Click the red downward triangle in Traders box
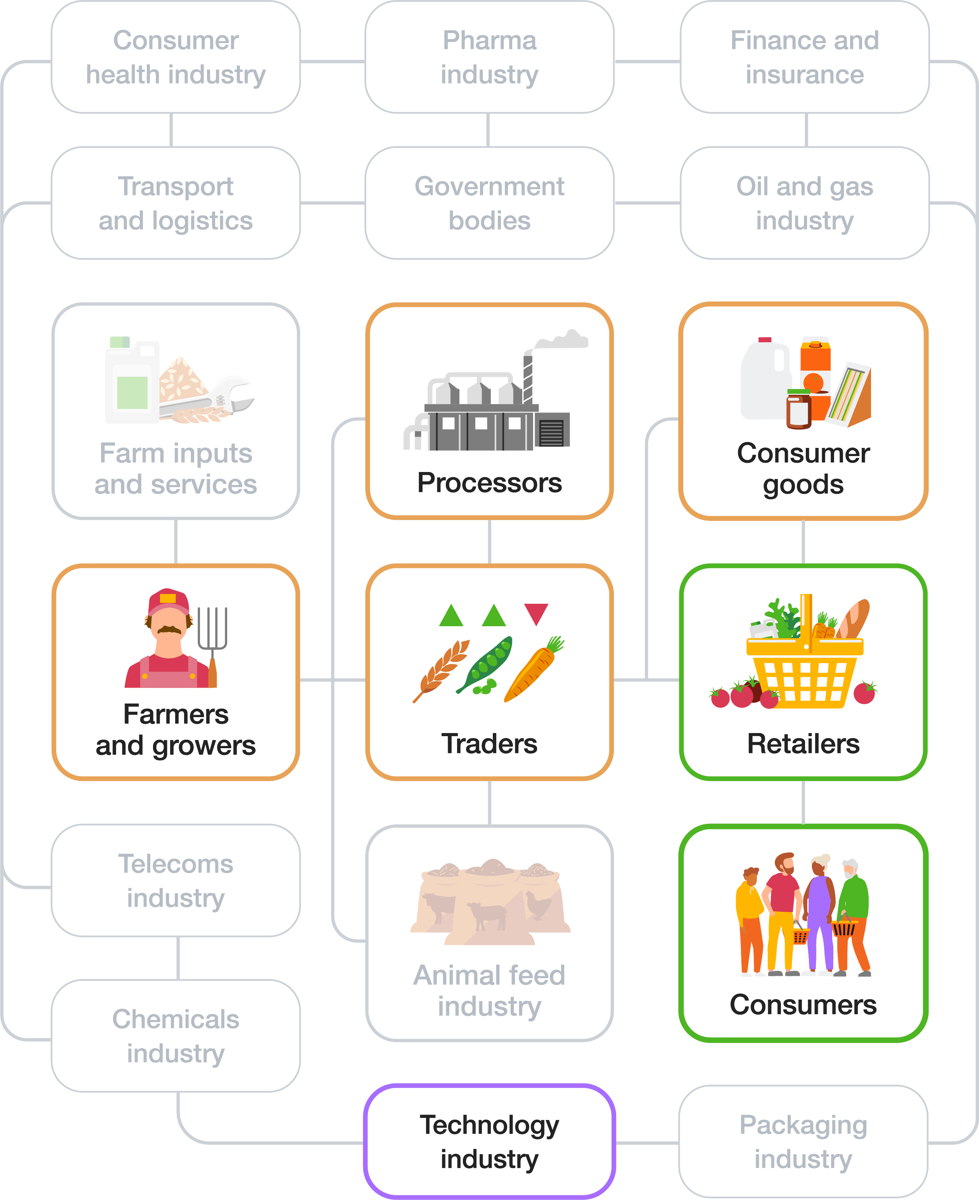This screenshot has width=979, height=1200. (x=536, y=613)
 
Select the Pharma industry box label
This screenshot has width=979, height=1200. (x=489, y=56)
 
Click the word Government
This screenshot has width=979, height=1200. (x=489, y=186)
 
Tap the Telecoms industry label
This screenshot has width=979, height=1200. (x=176, y=881)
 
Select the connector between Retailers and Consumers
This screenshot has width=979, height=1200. (x=803, y=802)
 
